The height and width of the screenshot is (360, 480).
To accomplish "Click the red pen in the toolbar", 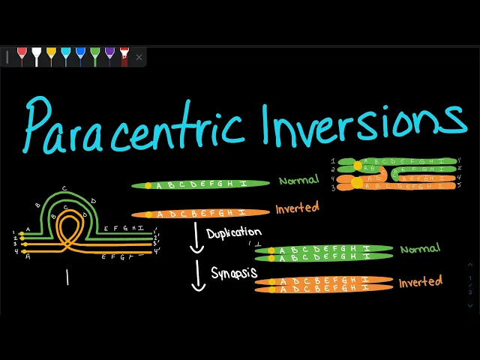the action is [22, 56].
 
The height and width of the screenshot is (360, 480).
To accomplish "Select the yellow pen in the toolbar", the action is [51, 56].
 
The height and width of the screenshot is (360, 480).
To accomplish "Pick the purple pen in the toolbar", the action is [109, 56].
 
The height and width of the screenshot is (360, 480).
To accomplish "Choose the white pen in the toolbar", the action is [36, 56].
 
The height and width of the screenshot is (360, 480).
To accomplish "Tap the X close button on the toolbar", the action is [139, 57].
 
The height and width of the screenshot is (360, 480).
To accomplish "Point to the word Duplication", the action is [234, 232].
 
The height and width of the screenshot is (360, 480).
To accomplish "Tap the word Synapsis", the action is [232, 271].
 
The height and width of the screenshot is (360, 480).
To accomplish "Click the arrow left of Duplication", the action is [197, 238].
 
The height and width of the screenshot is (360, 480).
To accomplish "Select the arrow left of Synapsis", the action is [199, 275].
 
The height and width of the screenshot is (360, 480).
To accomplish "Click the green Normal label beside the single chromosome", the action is [298, 180].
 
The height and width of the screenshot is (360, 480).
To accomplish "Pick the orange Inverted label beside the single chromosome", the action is [297, 208].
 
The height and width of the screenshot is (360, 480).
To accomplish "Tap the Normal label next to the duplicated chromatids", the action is [420, 248].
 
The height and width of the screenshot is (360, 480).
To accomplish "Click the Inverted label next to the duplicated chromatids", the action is [420, 282].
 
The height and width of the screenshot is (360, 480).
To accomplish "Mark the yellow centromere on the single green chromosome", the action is [148, 184].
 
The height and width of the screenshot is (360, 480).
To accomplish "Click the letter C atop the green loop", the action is [64, 188].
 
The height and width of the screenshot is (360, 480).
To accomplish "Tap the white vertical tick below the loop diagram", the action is [67, 277].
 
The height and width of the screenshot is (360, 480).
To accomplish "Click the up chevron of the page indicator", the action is [470, 264].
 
